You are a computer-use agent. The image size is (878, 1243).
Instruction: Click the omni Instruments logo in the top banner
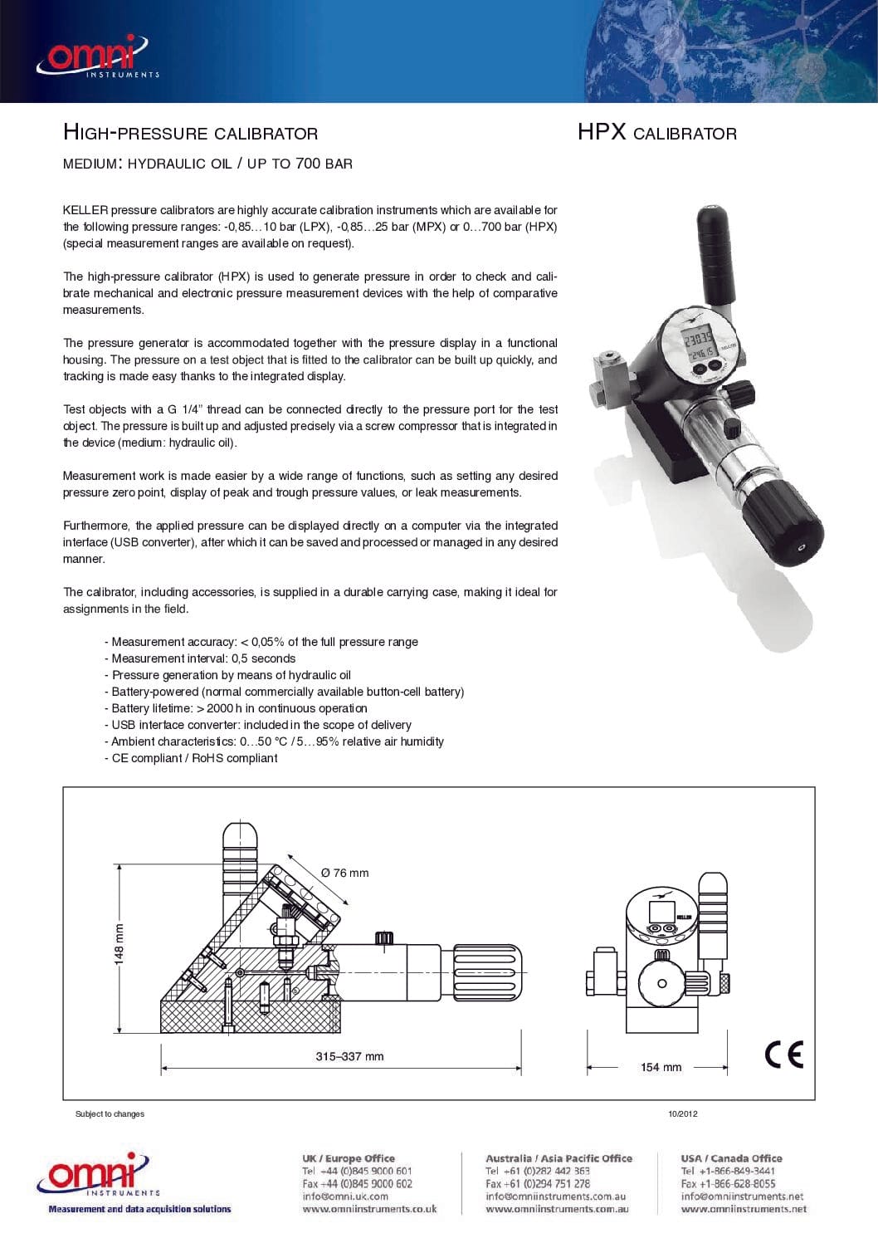tap(95, 56)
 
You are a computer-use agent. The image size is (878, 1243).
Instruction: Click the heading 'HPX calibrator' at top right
tap(656, 133)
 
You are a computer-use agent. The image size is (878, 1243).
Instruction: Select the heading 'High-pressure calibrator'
tap(190, 133)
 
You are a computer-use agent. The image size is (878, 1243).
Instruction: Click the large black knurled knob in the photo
tap(780, 526)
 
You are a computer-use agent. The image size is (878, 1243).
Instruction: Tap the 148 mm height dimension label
tap(119, 944)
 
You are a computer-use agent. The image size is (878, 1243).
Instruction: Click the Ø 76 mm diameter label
tap(344, 873)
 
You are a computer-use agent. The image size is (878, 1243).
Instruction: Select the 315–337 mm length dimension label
tap(349, 1056)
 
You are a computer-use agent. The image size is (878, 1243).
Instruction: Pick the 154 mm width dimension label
tap(661, 1067)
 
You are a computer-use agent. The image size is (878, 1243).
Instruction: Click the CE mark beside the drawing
tap(783, 1054)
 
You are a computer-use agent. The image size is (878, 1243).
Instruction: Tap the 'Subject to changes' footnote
tap(110, 1114)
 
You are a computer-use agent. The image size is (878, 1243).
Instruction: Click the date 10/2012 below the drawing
tap(682, 1114)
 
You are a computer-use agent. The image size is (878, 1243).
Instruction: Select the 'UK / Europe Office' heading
tap(348, 1158)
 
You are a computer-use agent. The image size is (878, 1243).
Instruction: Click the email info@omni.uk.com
tap(345, 1197)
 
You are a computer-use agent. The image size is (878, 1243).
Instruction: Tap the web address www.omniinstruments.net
tap(744, 1209)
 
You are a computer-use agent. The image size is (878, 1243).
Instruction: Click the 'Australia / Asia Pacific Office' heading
tap(559, 1158)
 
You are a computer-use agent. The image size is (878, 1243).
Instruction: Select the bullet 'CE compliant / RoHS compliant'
tap(194, 758)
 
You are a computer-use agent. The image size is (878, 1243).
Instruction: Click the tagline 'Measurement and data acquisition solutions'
tap(139, 1209)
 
